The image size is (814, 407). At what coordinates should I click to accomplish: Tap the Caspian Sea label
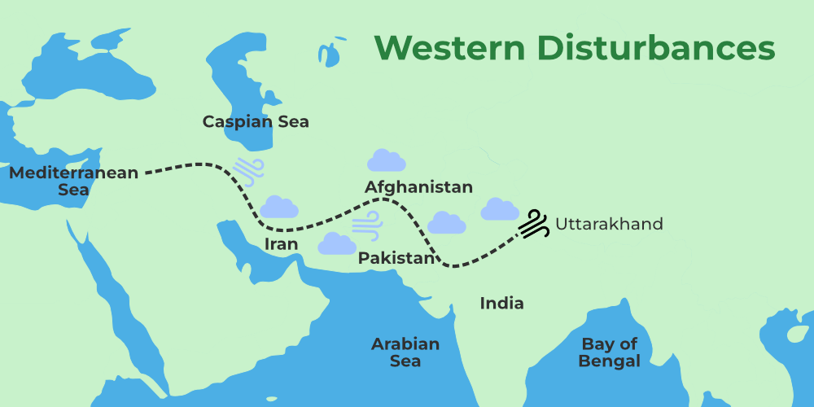coord(256,122)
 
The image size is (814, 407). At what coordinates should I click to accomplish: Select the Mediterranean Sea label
coord(73,181)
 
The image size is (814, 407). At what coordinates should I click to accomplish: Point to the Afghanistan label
coord(418,187)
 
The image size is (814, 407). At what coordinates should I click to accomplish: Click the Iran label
coord(281,244)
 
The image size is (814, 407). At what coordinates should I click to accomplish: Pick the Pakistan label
coord(396,258)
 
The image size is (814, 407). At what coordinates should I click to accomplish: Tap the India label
coord(501,304)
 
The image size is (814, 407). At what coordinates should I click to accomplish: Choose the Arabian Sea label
coord(405,352)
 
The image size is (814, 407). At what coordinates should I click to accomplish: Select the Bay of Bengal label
coord(610,352)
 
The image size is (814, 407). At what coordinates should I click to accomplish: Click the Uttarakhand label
coord(609,224)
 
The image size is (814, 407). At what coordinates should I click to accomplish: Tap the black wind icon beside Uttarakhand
coord(533,224)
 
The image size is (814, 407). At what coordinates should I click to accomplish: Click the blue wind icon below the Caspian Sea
coord(248,169)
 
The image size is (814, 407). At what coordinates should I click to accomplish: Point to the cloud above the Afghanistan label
coord(386,160)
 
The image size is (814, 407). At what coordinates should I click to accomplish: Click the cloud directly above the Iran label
coord(279,207)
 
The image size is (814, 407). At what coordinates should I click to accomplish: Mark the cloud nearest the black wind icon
coord(499,210)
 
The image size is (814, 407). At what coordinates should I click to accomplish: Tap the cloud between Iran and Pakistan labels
coord(337,243)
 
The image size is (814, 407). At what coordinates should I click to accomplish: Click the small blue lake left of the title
coord(330,50)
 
